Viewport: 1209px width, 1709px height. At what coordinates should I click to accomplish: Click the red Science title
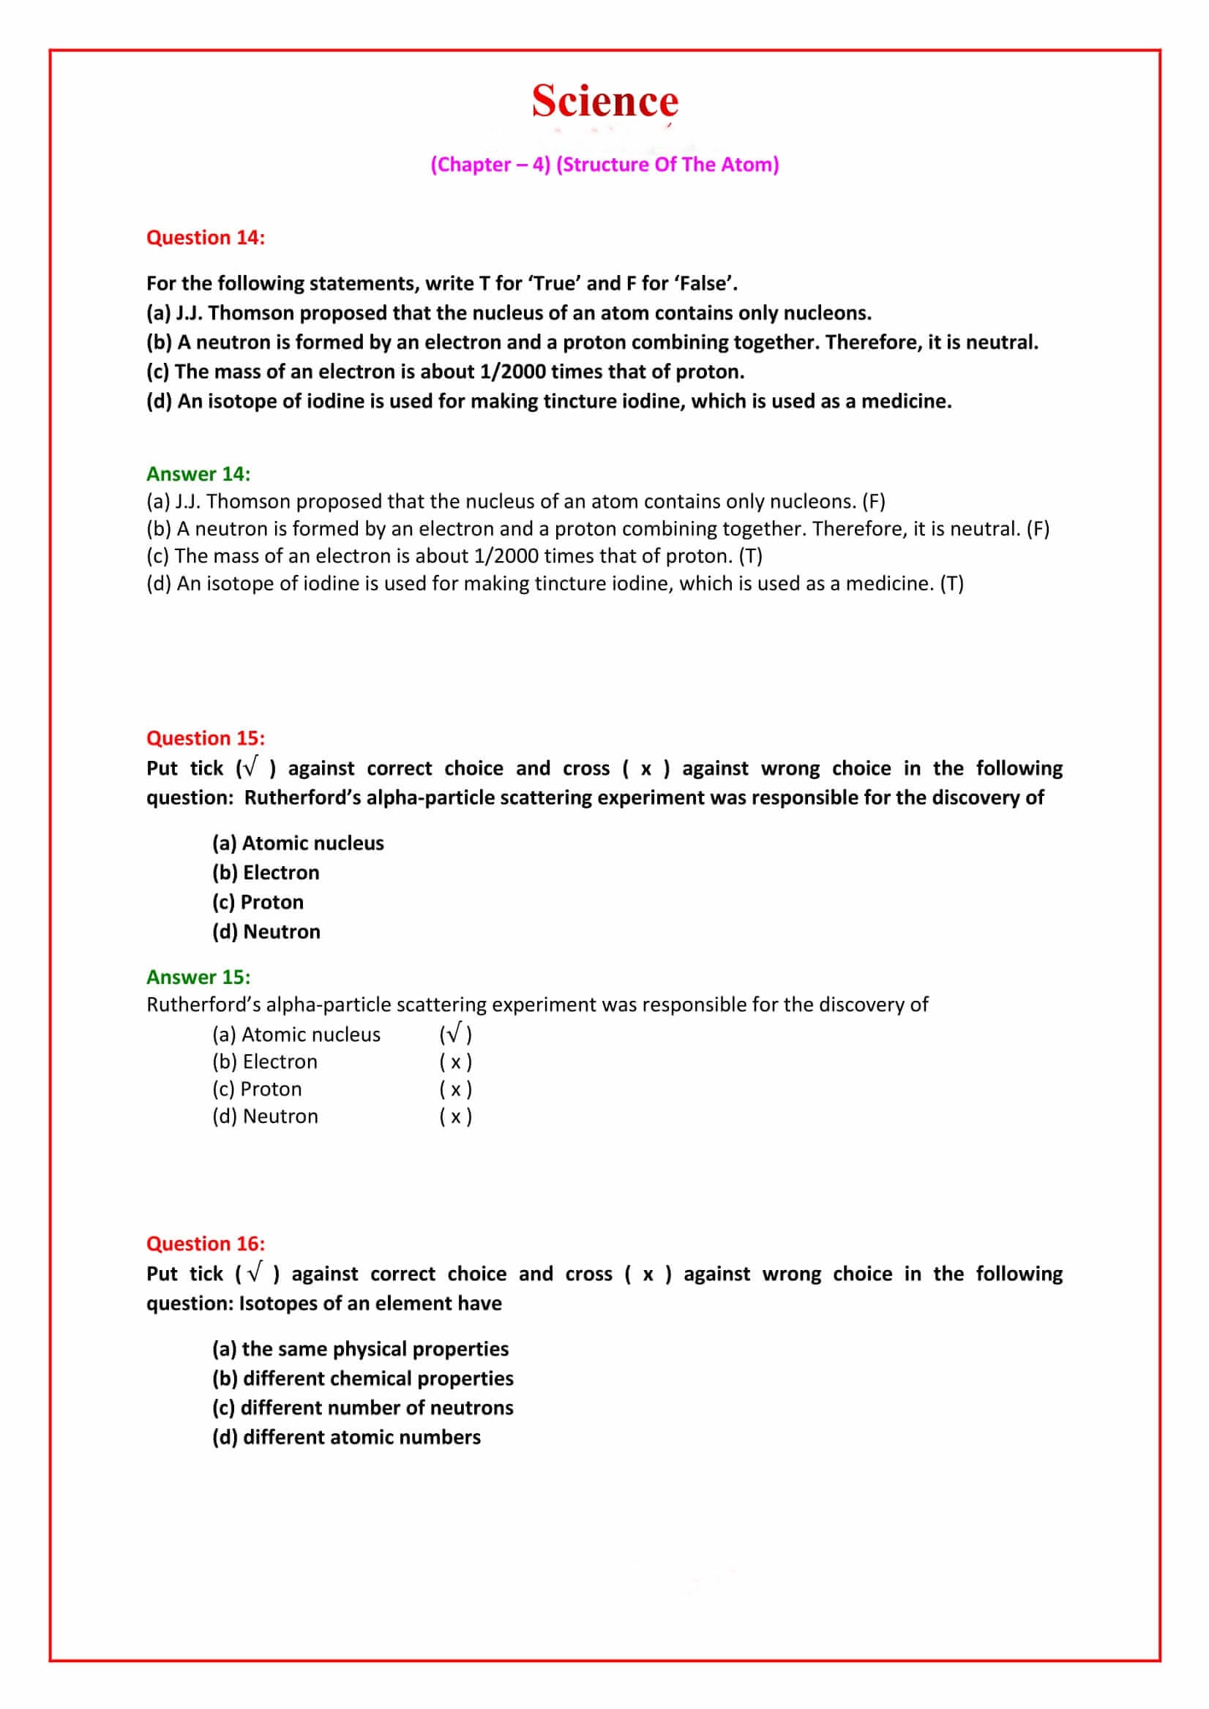604,101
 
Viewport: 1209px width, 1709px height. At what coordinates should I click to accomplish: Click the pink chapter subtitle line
604,165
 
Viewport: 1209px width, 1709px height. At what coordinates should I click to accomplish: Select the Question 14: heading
206,238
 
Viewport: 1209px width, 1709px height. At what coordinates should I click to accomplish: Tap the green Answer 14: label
198,473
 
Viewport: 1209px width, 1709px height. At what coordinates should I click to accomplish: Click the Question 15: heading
206,737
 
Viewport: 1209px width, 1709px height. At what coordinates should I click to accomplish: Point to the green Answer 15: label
198,977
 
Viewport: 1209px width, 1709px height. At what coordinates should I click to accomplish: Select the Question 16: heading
206,1243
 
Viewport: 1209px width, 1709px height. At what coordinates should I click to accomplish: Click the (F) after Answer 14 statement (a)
873,501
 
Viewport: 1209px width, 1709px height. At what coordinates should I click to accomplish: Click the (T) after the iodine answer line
951,583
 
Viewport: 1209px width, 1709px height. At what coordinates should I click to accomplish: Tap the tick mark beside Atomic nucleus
455,1033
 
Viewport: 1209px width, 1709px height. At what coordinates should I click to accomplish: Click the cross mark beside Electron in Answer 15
455,1062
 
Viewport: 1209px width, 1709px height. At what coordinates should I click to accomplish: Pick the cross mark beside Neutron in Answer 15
455,1116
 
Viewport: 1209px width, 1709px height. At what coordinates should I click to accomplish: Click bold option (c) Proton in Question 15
258,902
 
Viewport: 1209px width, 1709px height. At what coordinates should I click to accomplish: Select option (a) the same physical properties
359,1349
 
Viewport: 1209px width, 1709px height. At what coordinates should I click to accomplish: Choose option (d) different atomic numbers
346,1437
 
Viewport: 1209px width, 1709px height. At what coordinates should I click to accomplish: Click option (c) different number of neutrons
362,1408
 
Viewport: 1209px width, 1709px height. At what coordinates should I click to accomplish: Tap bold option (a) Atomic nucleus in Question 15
298,843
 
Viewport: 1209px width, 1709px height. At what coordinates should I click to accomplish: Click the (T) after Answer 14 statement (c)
750,555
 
